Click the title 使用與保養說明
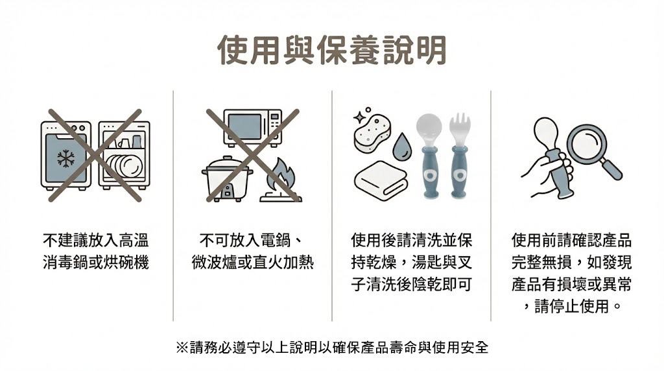332,50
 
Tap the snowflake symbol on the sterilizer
65,158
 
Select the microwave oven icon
253,128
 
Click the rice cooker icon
226,178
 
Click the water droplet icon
402,147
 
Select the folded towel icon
381,180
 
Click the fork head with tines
460,129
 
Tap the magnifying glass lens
586,143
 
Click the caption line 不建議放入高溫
96,240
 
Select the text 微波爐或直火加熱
253,262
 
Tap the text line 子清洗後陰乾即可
411,284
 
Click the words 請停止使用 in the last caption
572,305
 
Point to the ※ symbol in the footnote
182,348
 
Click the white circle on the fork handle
460,174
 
